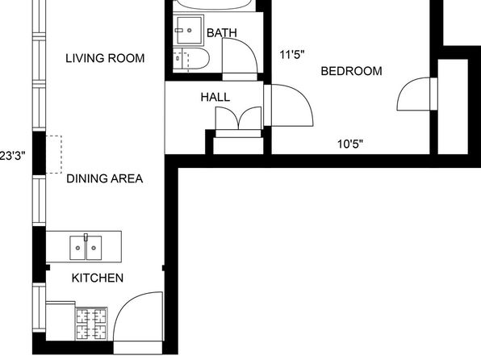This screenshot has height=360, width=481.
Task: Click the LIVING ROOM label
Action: pos(105,58)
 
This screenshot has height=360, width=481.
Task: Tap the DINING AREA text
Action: pos(105,178)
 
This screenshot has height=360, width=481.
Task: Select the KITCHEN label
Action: pos(98,278)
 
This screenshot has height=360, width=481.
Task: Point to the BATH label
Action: pos(222,32)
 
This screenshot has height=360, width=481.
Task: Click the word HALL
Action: pos(215,97)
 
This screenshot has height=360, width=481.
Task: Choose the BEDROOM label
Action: pos(351,71)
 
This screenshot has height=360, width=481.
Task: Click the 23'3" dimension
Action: pos(12,156)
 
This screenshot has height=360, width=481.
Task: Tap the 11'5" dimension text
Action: pos(292,55)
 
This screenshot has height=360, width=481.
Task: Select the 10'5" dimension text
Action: pos(350,144)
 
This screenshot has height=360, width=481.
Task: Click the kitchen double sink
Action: pos(86,247)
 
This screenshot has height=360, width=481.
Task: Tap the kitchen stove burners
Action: pos(91,324)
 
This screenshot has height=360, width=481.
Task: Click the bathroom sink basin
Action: pos(190,30)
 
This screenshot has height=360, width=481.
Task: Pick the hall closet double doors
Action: pos(238,118)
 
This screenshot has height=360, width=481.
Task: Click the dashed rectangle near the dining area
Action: pos(54,154)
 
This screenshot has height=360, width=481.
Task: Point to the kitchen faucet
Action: pos(86,237)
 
